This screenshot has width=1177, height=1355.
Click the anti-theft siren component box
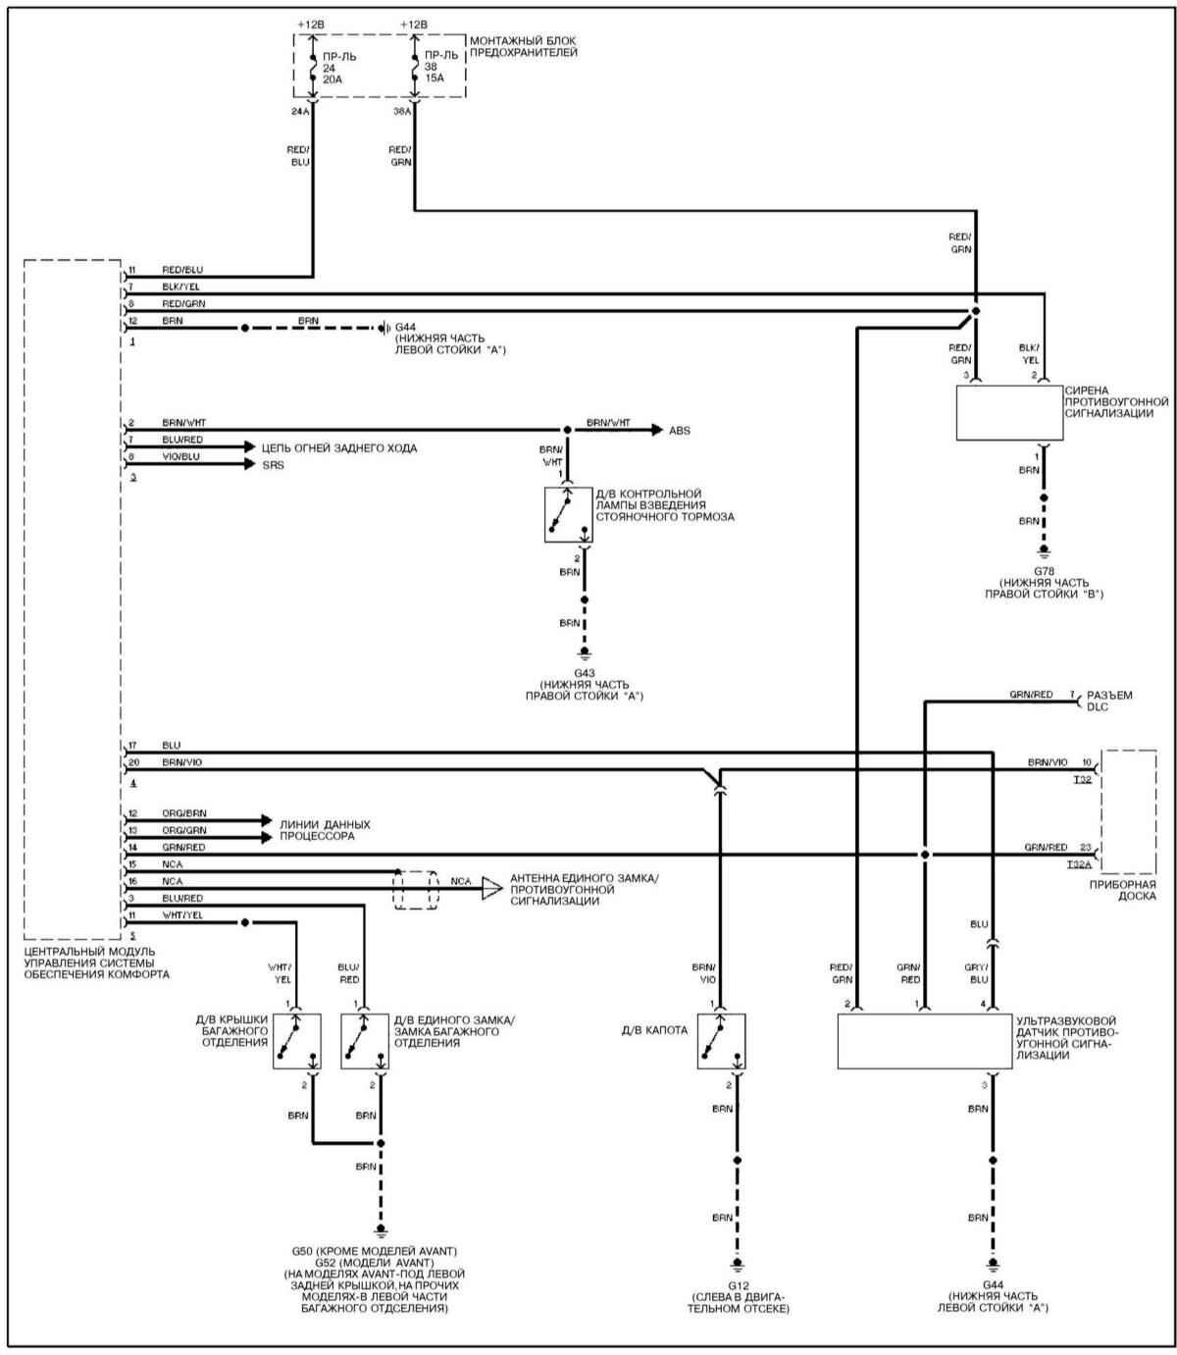click(1009, 413)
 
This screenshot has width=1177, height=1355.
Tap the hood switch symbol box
click(722, 1041)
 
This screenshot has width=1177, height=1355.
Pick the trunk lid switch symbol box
click(297, 1041)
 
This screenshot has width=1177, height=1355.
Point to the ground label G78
click(1043, 570)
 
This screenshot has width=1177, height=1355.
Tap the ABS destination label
click(679, 431)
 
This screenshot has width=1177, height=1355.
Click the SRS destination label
click(273, 465)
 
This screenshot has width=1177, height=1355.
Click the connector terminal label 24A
click(300, 111)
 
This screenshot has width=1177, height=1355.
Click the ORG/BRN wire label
click(184, 813)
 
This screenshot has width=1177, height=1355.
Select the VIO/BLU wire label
click(181, 457)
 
